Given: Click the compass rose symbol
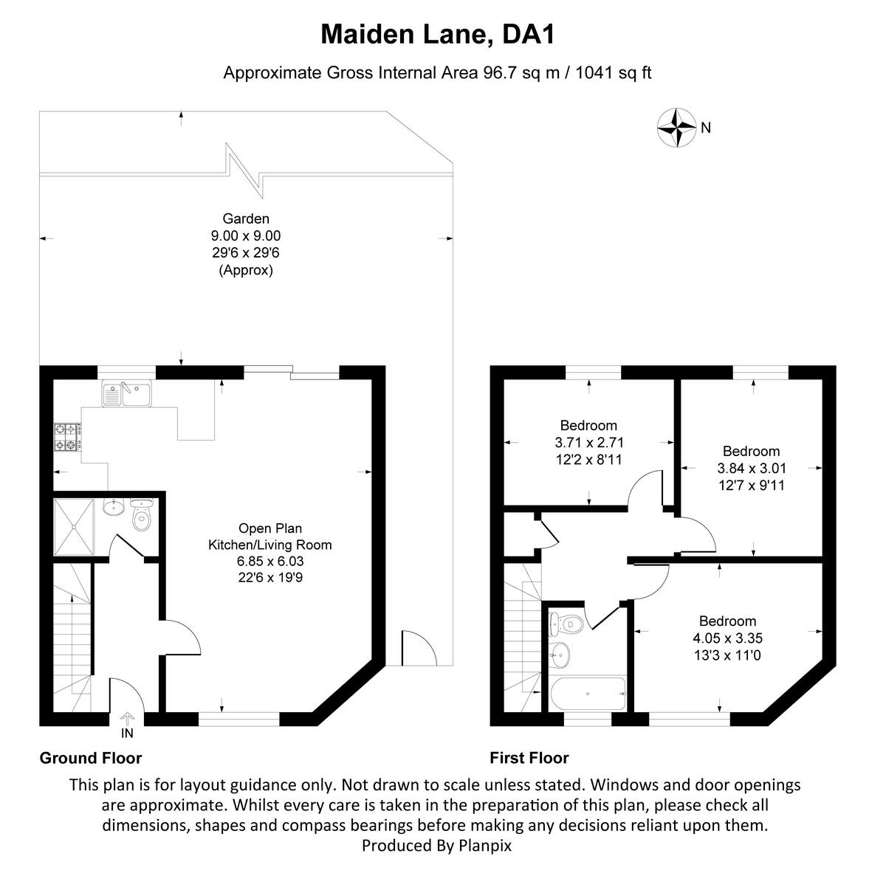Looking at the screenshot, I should tap(676, 127).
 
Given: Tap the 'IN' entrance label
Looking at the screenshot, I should tap(127, 733).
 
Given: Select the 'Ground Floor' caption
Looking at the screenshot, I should tap(90, 758).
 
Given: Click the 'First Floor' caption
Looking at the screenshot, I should tap(529, 758).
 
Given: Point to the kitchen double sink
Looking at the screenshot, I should tap(126, 394).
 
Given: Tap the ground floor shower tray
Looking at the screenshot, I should tap(74, 526).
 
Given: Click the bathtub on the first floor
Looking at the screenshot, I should tap(588, 694).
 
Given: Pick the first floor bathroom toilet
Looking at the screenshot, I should tap(571, 624).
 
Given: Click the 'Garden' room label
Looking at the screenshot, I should tap(246, 218).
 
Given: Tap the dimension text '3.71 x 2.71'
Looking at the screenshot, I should tap(589, 443).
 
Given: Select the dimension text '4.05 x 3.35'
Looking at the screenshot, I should tap(728, 638).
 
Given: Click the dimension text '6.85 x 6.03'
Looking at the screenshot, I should tap(270, 562).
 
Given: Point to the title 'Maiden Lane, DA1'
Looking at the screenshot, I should tap(437, 34).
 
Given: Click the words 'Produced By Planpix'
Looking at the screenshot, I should tap(436, 845).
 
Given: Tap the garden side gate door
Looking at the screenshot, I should tap(416, 648).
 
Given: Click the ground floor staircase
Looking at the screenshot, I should tap(72, 635).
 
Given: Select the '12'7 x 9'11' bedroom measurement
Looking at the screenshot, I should tap(751, 485).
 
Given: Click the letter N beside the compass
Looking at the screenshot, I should tap(706, 128).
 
